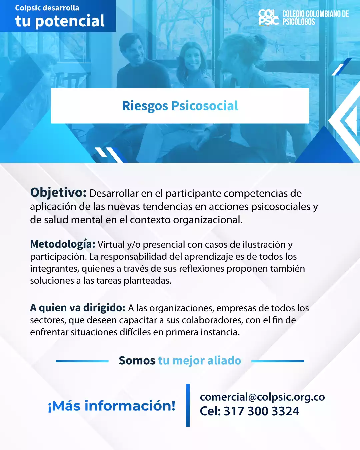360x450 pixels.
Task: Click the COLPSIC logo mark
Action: (269, 18)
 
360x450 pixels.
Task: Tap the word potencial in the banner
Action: (70, 21)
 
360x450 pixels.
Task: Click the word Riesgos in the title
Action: (145, 106)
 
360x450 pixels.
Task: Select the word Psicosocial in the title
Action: (205, 106)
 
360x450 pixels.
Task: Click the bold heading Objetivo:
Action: (58, 193)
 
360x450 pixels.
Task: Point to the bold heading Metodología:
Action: (63, 244)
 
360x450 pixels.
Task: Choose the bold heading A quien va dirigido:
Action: (78, 308)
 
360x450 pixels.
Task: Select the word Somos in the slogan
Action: (137, 361)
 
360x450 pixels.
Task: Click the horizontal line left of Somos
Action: (82, 361)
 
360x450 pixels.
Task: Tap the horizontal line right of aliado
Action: (278, 361)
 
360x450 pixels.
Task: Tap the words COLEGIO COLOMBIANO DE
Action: (316, 14)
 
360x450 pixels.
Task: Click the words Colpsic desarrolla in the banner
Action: (47, 8)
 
